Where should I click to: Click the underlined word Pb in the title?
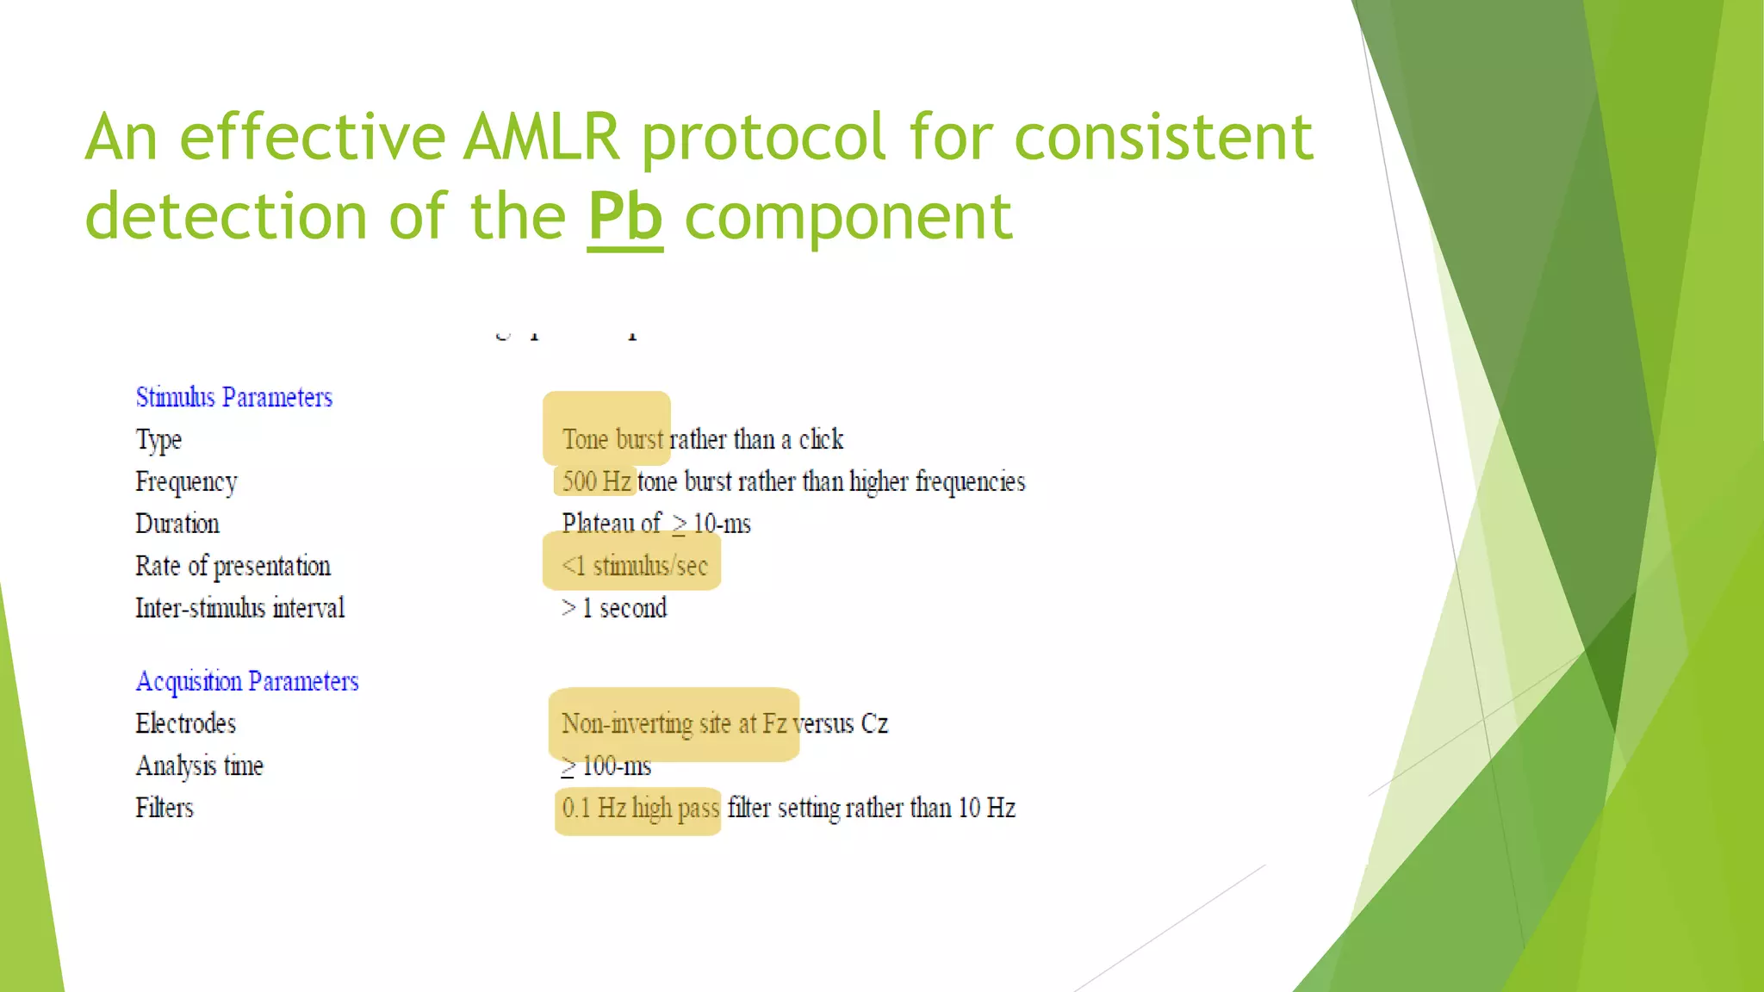pos(625,217)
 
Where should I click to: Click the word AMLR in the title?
pos(542,138)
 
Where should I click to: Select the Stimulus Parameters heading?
pos(233,398)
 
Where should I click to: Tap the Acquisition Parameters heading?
pos(246,682)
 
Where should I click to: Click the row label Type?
pos(158,440)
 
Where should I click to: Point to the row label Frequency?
pos(186,482)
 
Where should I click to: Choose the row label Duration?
pos(177,524)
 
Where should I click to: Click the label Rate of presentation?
pos(233,567)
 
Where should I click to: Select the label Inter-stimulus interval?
pos(239,609)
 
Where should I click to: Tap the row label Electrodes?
pos(185,724)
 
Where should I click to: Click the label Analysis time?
pos(199,766)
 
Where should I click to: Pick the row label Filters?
pos(165,809)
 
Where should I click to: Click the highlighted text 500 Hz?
pos(596,481)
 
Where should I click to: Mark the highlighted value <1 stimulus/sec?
pos(634,567)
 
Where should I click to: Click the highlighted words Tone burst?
pos(613,440)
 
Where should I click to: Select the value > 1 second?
pos(614,609)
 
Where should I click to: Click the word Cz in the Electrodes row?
pos(874,724)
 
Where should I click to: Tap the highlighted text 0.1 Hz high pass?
pos(640,809)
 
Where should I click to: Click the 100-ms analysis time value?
pos(615,766)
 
